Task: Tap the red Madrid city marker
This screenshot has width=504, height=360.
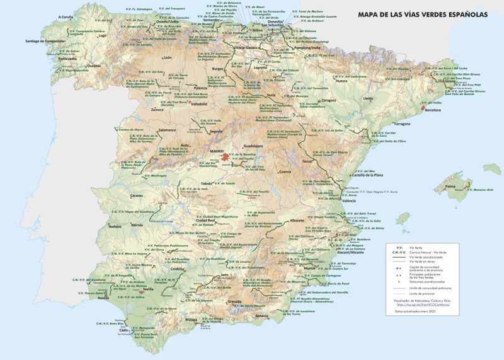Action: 224,156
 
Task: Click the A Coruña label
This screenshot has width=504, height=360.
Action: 64,17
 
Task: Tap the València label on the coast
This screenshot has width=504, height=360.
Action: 348,200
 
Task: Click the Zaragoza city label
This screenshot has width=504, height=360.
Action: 328,100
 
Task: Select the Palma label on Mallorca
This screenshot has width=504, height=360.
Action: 450,186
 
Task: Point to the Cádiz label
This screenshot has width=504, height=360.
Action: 123,330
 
